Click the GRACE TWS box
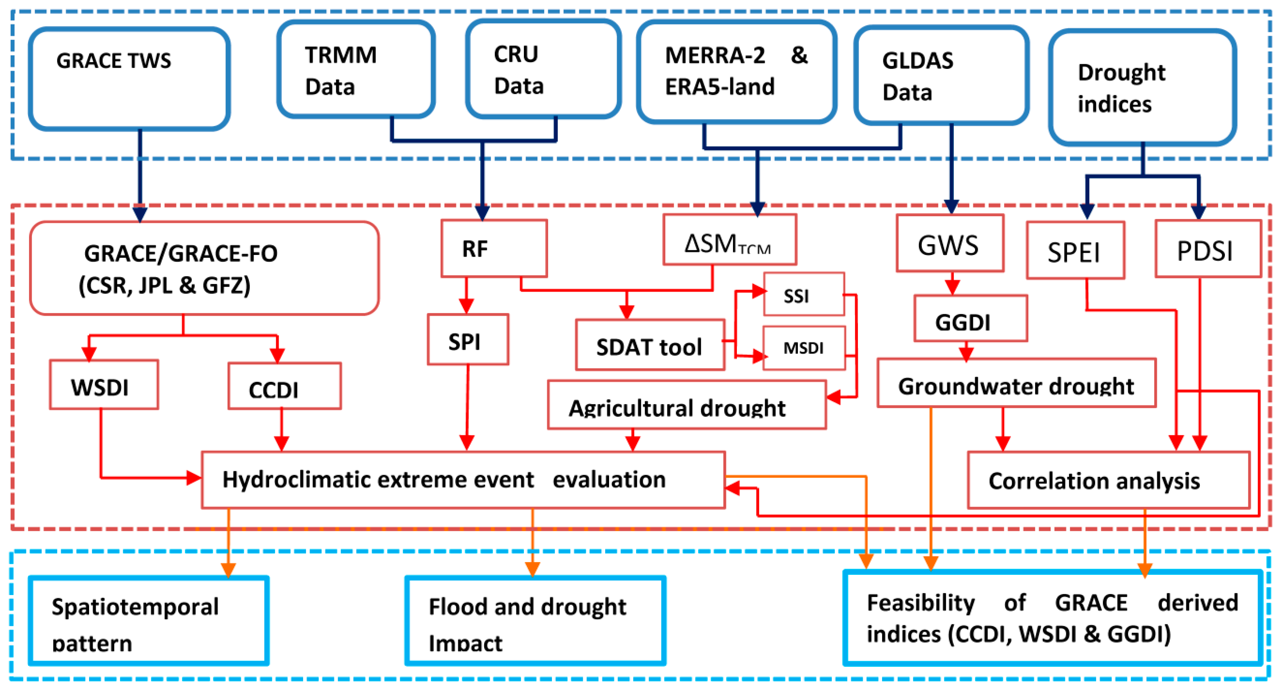coord(129,78)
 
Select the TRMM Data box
coord(356,70)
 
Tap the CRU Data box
coord(543,70)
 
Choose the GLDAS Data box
coord(941,75)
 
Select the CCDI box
coord(284,387)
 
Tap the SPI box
coord(467,339)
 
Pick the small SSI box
coord(804,294)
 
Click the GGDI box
coord(970,319)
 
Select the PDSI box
coord(1208,249)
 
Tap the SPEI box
coord(1075,250)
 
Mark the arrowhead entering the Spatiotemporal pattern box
coord(228,570)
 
